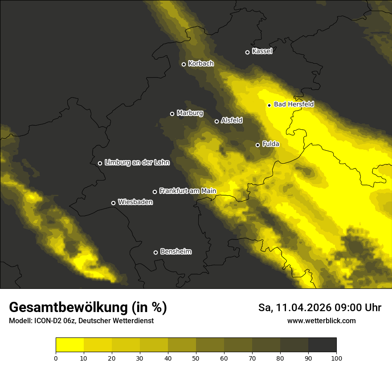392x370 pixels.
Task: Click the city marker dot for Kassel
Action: [x=248, y=52]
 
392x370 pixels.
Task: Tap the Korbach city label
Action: [x=201, y=64]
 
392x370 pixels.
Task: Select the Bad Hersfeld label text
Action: [x=294, y=104]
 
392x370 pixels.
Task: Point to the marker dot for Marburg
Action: [x=172, y=114]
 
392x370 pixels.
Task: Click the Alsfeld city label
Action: [x=232, y=120]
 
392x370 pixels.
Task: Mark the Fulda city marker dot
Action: [x=257, y=145]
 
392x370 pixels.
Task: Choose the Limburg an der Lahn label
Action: [x=137, y=163]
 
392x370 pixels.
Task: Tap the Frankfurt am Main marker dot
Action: [x=155, y=192]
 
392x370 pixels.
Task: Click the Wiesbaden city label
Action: [x=135, y=202]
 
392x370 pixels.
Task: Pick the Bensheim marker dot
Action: [x=155, y=252]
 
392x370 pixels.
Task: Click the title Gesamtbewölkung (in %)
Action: [x=88, y=308]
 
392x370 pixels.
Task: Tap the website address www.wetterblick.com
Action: [x=321, y=321]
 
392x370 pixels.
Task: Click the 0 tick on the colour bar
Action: [x=56, y=358]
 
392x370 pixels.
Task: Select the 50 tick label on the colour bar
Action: [x=196, y=358]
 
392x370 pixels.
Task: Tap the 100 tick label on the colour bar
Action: [x=336, y=358]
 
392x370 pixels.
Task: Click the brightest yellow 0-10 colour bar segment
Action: [x=69, y=345]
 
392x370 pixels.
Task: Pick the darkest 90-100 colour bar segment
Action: [x=322, y=345]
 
